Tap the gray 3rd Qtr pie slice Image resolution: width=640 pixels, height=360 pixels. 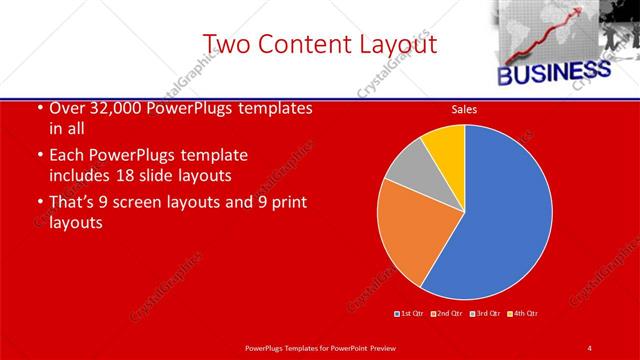click(x=407, y=164)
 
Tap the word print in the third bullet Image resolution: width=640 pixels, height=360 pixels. click(x=286, y=203)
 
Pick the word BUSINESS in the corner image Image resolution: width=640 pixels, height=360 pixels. click(x=553, y=73)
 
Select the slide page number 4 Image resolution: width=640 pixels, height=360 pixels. click(x=589, y=347)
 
